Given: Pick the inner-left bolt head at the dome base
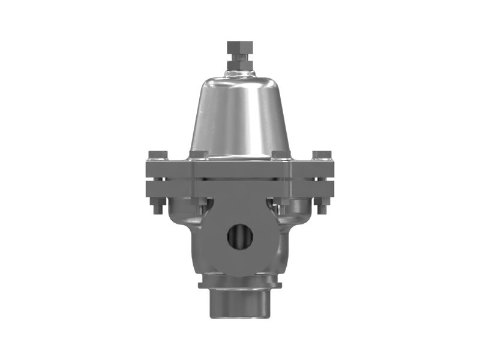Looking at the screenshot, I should pos(199,155).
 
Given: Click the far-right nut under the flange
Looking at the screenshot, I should pos(322,205).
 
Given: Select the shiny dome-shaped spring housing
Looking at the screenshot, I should pos(239,117).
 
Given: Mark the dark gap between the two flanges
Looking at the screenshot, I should pos(239,179).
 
